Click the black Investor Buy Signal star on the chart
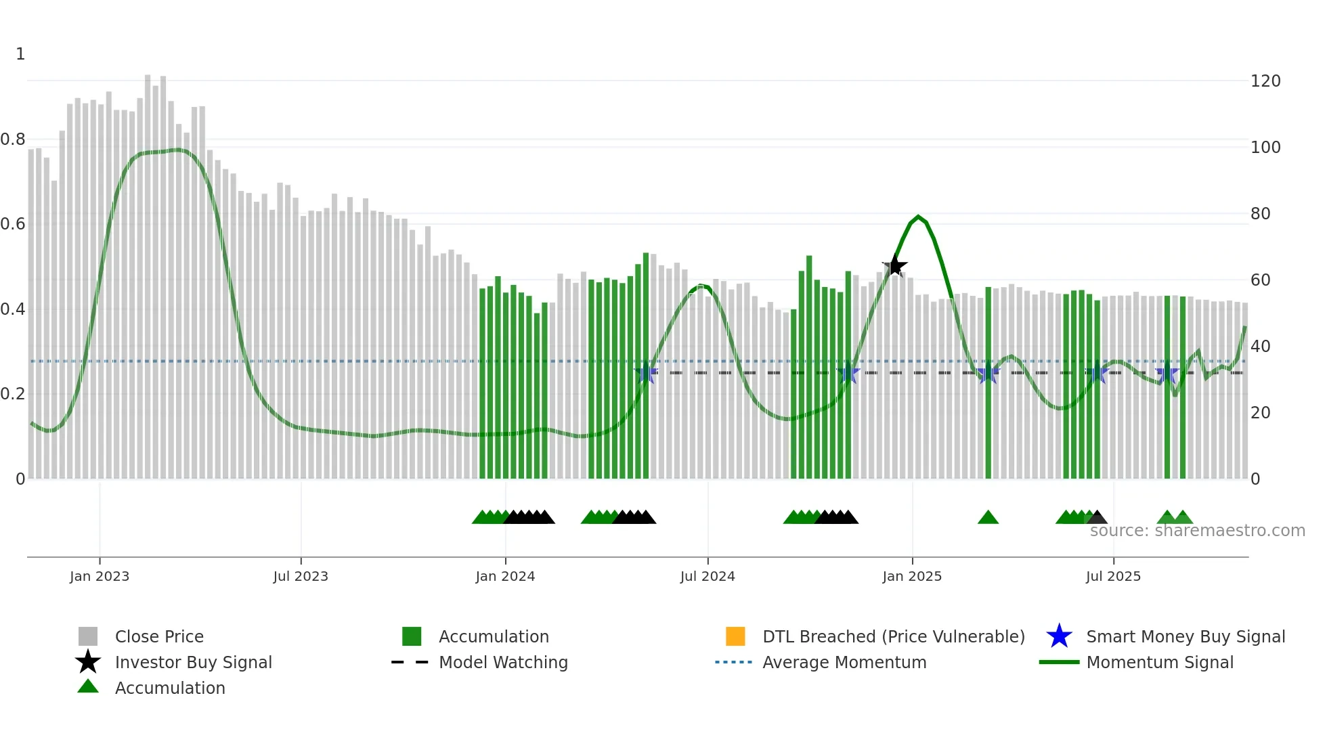tap(894, 266)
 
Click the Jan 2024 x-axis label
tap(505, 576)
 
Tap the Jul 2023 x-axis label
tap(301, 576)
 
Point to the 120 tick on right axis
tap(1265, 81)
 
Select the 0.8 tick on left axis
tap(13, 139)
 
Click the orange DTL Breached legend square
tap(735, 636)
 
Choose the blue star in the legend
tap(1059, 636)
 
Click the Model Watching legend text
tap(503, 662)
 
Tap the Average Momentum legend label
tap(844, 662)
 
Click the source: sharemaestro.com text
tap(1197, 531)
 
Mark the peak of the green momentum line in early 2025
tap(918, 217)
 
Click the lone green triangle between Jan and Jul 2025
tap(988, 518)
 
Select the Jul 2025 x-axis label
tap(1113, 576)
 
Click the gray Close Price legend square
tap(88, 636)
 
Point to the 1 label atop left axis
tap(20, 54)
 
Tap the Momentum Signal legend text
tap(1160, 662)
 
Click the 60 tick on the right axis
tap(1260, 280)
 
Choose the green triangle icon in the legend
tap(88, 686)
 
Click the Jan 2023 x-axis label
tap(100, 576)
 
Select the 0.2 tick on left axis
tap(13, 394)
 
